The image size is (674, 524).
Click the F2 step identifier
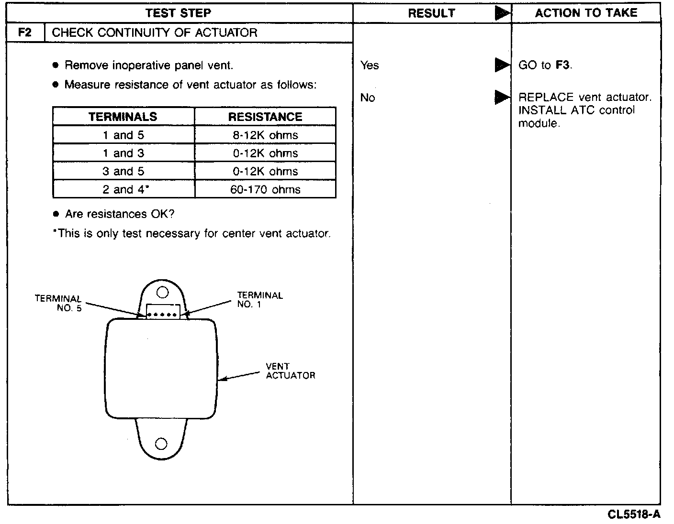point(25,33)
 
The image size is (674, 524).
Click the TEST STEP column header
point(178,13)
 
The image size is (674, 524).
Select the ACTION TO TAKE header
point(586,13)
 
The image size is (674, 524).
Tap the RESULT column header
point(431,13)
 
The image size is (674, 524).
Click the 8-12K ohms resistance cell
point(265,135)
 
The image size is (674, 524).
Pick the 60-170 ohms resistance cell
point(265,190)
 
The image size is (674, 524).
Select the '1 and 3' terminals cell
point(124,153)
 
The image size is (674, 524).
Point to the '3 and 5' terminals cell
point(124,172)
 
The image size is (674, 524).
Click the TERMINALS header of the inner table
point(123,117)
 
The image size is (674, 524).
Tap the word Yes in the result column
point(370,65)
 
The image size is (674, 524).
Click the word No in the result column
point(368,98)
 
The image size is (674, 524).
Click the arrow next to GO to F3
point(502,65)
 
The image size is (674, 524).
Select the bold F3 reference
point(562,65)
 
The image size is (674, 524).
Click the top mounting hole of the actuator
point(162,292)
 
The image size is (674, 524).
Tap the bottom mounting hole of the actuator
point(161,444)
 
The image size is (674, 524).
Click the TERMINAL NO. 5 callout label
point(58,303)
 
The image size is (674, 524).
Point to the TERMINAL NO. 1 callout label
point(260,300)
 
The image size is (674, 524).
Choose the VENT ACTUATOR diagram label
point(290,371)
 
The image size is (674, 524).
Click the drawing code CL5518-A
point(634,514)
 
